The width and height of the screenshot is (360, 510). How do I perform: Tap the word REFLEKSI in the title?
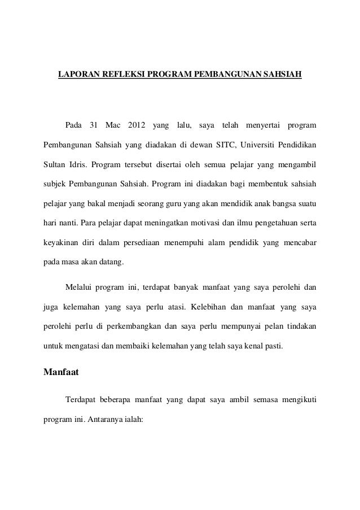pos(121,75)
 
